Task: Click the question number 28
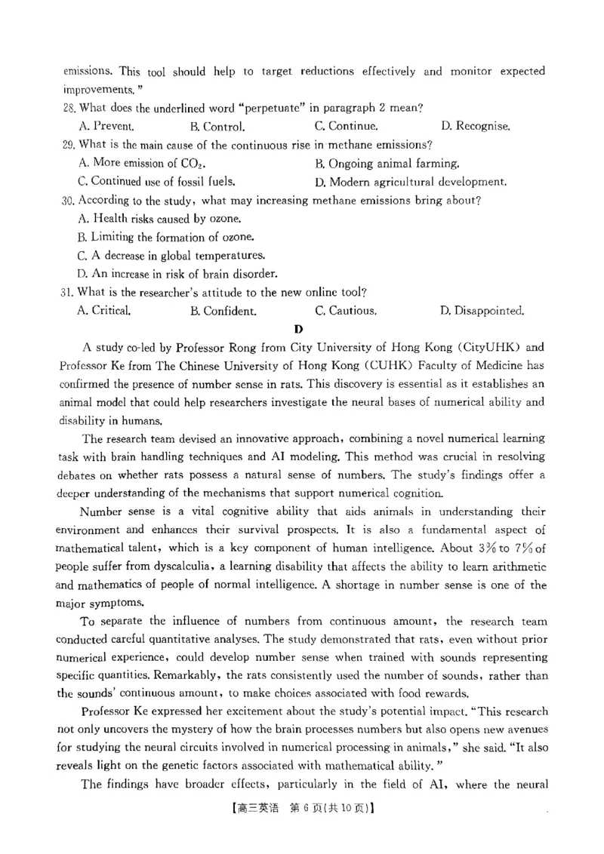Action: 69,109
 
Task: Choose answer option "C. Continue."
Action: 347,127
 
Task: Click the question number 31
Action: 68,292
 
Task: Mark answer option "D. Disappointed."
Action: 482,310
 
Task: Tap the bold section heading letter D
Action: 299,328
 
